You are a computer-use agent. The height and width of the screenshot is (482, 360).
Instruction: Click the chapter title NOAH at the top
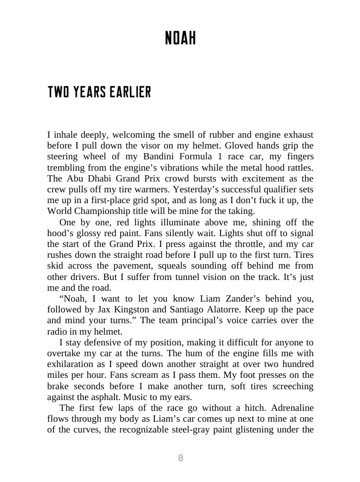pos(180,39)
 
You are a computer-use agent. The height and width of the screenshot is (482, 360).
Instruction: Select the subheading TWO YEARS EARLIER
pos(99,92)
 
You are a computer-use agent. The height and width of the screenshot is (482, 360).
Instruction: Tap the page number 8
pos(181,458)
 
